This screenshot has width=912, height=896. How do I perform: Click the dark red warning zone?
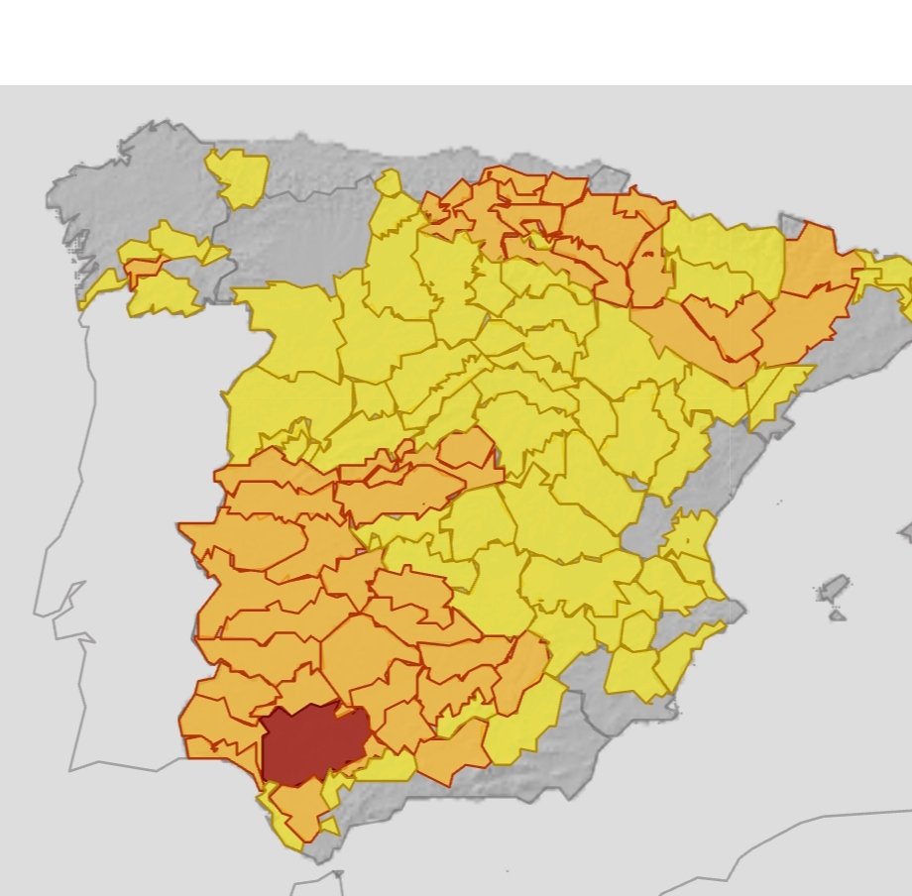[309, 743]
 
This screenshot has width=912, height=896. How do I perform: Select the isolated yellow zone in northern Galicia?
[238, 176]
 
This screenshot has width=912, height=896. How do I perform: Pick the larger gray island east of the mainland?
[834, 587]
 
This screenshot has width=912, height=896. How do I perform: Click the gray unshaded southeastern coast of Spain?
[615, 714]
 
